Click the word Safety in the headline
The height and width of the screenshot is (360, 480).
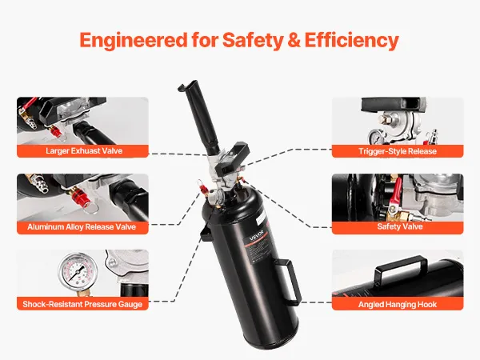pos(253,41)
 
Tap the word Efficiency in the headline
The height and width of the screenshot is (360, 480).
pos(351,41)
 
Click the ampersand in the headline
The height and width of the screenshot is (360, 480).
pos(294,40)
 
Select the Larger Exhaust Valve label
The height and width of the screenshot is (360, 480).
pos(84,151)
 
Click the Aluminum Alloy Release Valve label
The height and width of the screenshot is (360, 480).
pos(82,227)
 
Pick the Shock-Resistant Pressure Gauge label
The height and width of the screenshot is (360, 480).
pos(82,304)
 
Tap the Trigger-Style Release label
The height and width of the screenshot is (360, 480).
pos(398,151)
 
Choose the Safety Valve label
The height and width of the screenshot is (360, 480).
pos(400,226)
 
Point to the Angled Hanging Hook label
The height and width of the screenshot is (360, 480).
pos(398,305)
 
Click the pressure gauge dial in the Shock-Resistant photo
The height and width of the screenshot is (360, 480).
pos(78,271)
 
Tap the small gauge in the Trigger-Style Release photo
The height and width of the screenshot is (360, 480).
pos(375,137)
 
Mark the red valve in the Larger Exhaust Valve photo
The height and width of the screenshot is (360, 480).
pos(56,132)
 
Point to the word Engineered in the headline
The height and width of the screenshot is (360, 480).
pos(133,41)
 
